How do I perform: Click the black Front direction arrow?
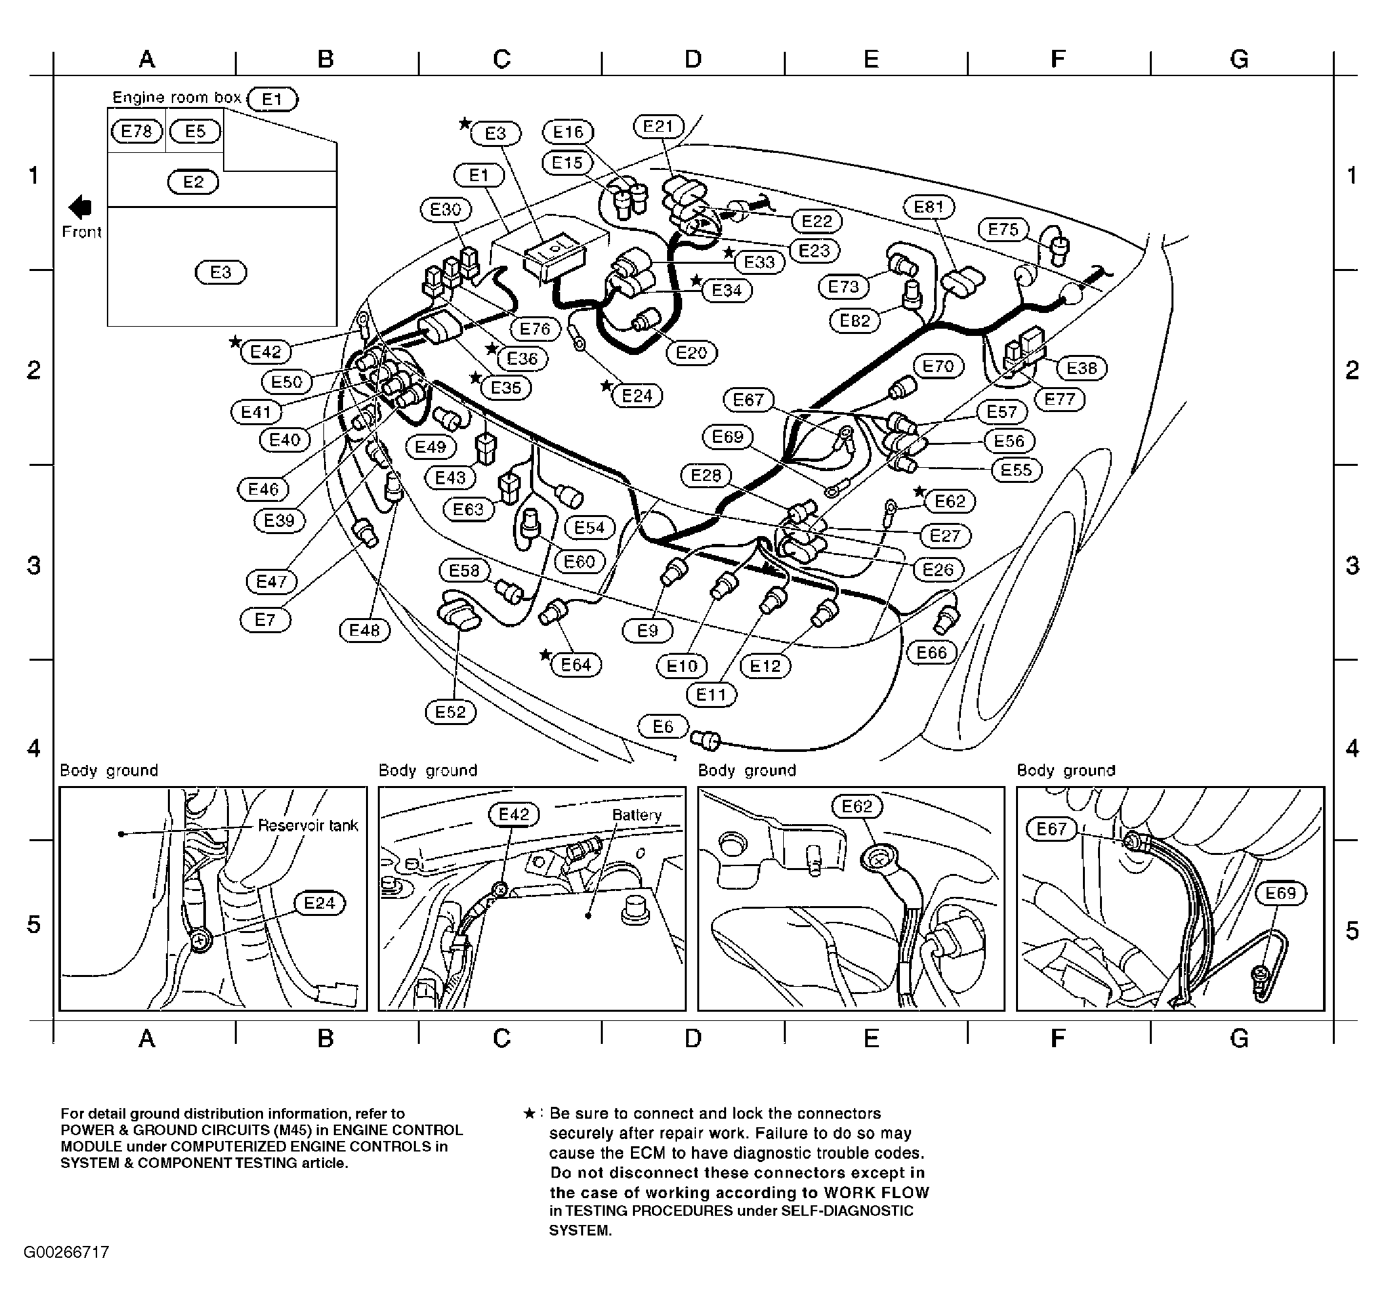81,207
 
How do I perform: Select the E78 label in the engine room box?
136,131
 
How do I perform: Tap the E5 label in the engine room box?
195,131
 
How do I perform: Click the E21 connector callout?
658,126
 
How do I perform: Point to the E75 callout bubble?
1003,229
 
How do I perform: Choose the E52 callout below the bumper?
450,712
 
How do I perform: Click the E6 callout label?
663,726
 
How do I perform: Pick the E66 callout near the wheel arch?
931,652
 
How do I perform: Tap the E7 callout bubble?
265,619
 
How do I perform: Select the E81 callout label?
929,207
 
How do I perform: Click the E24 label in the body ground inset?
319,903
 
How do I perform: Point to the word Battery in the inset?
636,814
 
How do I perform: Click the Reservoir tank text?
308,825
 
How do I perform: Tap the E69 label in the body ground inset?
1280,893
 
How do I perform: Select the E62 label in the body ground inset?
857,806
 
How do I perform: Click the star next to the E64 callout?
545,655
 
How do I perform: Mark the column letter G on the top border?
1238,60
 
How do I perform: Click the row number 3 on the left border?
33,565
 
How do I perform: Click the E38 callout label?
1081,368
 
